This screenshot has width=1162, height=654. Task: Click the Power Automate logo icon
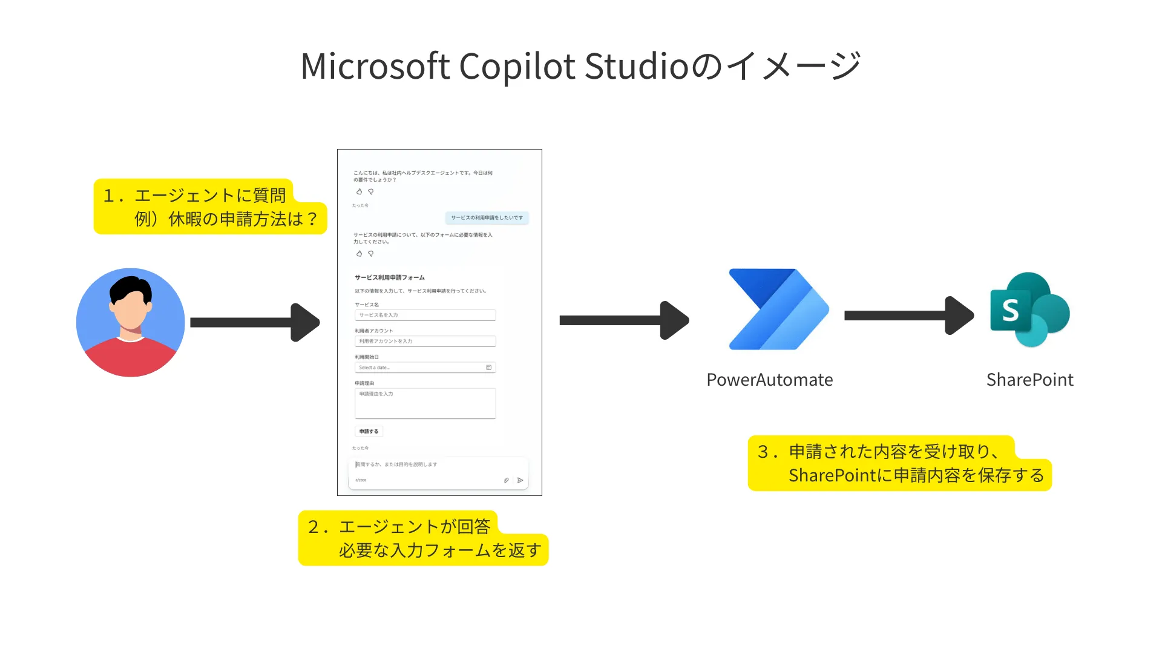pos(778,309)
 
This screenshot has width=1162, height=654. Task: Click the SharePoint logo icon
pos(1029,309)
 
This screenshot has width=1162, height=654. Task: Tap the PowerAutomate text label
pos(769,380)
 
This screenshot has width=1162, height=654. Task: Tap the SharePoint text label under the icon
pos(1029,380)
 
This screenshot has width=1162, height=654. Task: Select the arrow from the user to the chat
pos(254,322)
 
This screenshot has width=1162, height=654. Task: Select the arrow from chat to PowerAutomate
pos(623,320)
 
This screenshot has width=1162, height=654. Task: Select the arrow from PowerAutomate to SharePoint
pos(908,315)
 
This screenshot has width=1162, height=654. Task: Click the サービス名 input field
pos(425,315)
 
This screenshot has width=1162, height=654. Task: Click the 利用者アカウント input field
pos(425,341)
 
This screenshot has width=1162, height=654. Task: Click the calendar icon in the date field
pos(488,368)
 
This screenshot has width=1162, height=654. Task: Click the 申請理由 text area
pos(425,403)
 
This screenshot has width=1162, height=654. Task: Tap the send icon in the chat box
pos(520,480)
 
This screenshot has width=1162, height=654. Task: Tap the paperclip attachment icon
pos(506,480)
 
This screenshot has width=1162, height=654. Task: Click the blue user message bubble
pos(487,217)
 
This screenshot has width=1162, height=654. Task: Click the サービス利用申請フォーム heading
pos(389,277)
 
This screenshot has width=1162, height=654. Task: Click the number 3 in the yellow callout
pos(763,452)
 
